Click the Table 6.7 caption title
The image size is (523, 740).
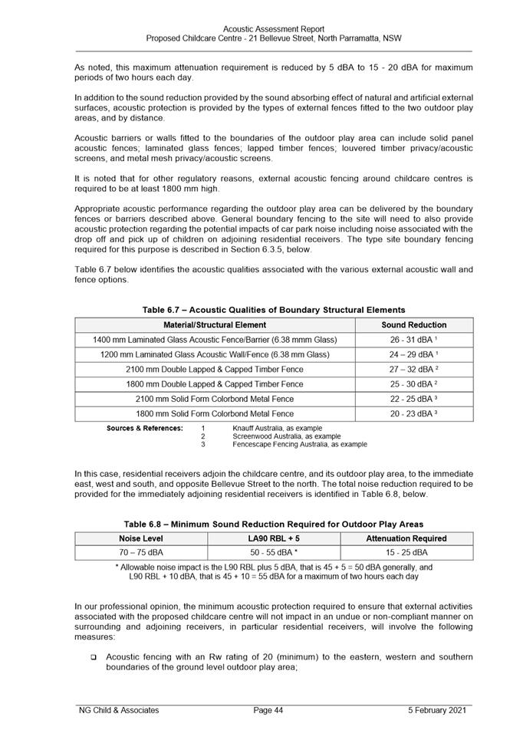pos(274,310)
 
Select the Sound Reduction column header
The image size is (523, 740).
pos(414,325)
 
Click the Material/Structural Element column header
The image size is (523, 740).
pos(215,325)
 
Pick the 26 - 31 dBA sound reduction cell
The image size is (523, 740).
pos(414,340)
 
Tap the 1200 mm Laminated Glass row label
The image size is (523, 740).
pos(215,354)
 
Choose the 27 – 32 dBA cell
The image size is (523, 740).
pos(414,369)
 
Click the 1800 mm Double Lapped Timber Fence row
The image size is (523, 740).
pos(215,384)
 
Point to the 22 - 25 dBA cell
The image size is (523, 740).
pos(414,399)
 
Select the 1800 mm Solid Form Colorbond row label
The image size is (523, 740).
pos(215,414)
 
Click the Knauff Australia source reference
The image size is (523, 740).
pos(277,428)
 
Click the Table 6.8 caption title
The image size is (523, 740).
pos(274,524)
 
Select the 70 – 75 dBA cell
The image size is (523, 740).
pos(140,552)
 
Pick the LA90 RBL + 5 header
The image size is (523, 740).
pos(274,538)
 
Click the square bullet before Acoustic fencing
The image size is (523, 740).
pos(93,658)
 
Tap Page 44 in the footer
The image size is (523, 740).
pos(268,711)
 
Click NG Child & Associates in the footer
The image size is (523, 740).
pos(119,711)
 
